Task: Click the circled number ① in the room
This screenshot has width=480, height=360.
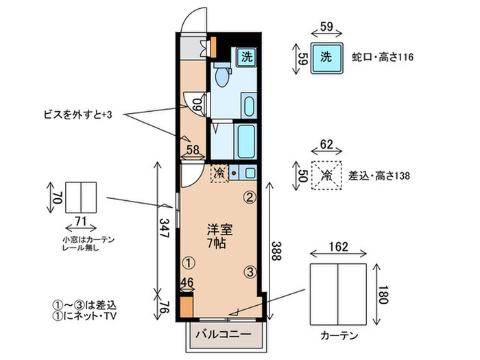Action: [x=187, y=262]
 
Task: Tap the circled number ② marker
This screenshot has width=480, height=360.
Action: [x=250, y=197]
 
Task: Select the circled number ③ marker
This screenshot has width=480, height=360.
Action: [x=250, y=272]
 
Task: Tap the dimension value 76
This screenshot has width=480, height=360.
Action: [x=164, y=304]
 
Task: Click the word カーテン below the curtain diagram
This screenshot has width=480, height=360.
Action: [x=339, y=337]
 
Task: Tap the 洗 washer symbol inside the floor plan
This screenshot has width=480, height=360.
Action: [x=245, y=58]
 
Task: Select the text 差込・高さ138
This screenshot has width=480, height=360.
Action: [x=379, y=176]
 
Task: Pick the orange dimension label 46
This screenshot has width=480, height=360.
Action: [x=187, y=283]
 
